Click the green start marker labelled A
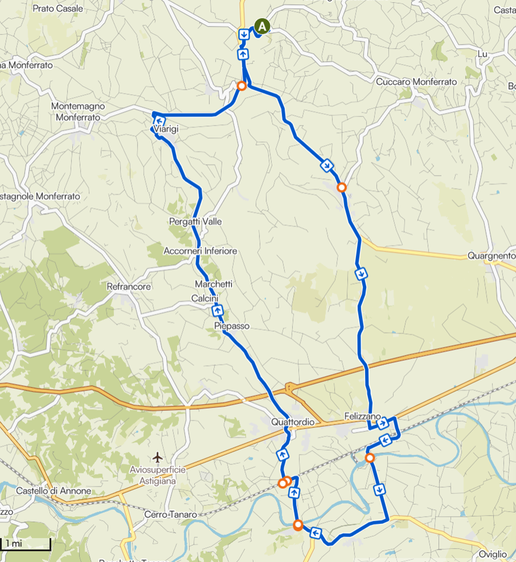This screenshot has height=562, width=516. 262,26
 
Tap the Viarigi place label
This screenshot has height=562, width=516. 166,130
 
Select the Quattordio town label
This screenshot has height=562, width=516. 293,421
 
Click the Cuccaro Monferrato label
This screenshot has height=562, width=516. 416,82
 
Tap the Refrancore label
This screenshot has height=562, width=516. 129,286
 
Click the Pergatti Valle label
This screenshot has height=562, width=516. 195,221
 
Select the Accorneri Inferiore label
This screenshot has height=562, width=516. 200,251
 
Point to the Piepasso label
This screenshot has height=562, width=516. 231,326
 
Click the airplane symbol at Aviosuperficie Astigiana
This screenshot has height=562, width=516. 158,457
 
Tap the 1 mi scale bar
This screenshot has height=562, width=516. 26,544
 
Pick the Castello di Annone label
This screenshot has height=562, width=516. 53,491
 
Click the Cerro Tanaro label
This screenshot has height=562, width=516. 170,514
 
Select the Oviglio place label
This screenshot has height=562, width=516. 493,554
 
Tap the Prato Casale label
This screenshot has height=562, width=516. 58,9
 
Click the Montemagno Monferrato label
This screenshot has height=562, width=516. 76,112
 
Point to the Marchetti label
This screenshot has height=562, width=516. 213,284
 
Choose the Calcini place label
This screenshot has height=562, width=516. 205,298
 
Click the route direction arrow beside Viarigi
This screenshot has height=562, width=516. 160,121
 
